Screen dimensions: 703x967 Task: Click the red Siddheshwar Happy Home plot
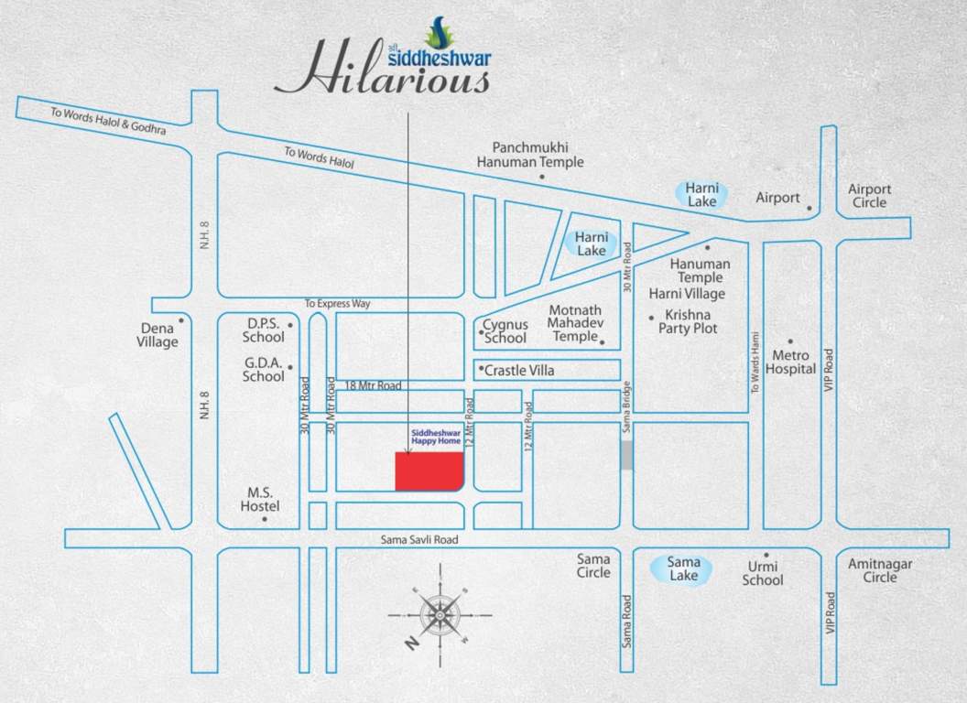click(429, 471)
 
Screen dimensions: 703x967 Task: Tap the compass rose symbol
click(439, 613)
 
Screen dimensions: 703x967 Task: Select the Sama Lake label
click(683, 568)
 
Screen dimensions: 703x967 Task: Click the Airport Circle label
click(869, 196)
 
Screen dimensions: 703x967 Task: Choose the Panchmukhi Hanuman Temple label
click(530, 154)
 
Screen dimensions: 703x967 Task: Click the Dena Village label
click(158, 335)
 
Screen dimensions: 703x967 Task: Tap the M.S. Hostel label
click(260, 500)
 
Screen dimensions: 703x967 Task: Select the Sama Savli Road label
click(418, 540)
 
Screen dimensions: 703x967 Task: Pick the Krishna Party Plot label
click(688, 321)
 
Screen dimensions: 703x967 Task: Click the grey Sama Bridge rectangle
click(626, 456)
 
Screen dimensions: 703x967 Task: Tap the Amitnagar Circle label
click(880, 570)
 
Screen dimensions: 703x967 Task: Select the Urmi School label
click(763, 573)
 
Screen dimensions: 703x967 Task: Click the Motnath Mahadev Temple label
click(574, 322)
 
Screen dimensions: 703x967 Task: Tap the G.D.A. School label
click(264, 369)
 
